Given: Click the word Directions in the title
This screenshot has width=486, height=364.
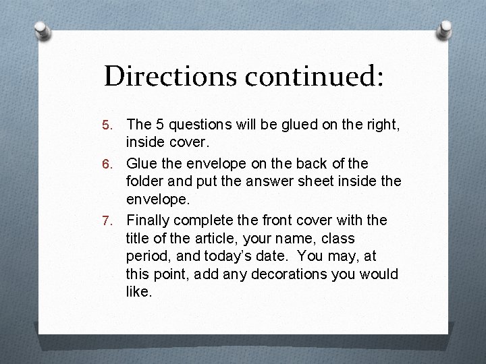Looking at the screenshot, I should [x=171, y=76].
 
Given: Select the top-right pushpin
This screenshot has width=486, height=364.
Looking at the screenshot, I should [x=446, y=30].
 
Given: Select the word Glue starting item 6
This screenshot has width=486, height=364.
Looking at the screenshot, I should [x=142, y=163].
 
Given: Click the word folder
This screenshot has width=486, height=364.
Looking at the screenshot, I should [x=144, y=182].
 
